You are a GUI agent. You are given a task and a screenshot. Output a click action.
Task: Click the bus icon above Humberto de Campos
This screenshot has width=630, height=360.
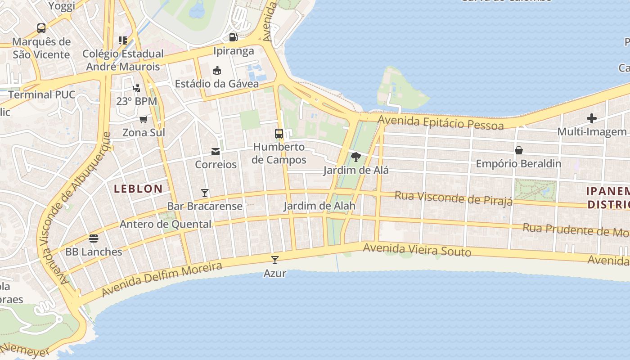(279, 134)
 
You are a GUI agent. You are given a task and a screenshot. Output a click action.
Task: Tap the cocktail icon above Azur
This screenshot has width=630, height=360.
(274, 260)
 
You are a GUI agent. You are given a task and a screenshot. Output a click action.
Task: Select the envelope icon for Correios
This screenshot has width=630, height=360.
(216, 152)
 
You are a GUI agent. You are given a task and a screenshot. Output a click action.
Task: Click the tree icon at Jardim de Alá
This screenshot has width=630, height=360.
(356, 157)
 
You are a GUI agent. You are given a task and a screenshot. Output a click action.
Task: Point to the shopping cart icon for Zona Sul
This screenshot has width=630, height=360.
(144, 119)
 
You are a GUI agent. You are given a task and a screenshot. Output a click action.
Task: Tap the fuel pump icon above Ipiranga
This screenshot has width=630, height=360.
(233, 37)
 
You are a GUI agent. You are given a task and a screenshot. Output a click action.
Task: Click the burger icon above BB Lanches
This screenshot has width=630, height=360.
(94, 238)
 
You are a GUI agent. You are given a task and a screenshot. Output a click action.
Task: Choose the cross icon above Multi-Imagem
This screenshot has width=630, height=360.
(592, 118)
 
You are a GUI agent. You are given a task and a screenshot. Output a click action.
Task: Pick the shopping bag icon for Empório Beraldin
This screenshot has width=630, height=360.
(518, 150)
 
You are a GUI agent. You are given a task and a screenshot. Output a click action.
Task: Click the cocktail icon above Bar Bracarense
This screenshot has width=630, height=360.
(205, 193)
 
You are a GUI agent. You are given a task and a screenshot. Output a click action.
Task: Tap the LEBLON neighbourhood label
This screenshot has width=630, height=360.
(138, 189)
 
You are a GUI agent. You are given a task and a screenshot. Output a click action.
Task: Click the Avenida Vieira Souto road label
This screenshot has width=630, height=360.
(417, 250)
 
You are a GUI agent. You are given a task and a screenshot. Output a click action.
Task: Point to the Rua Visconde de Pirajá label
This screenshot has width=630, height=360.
(454, 198)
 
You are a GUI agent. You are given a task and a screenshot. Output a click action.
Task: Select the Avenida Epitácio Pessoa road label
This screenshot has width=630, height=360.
(441, 122)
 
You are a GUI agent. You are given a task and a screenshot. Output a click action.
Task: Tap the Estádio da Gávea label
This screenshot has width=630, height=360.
(217, 84)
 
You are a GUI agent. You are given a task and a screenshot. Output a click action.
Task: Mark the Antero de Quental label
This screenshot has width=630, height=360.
(166, 224)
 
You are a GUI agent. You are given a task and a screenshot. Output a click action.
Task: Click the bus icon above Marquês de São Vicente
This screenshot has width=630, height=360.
(41, 28)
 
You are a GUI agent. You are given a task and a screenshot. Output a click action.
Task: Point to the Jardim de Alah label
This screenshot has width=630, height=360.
(319, 206)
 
